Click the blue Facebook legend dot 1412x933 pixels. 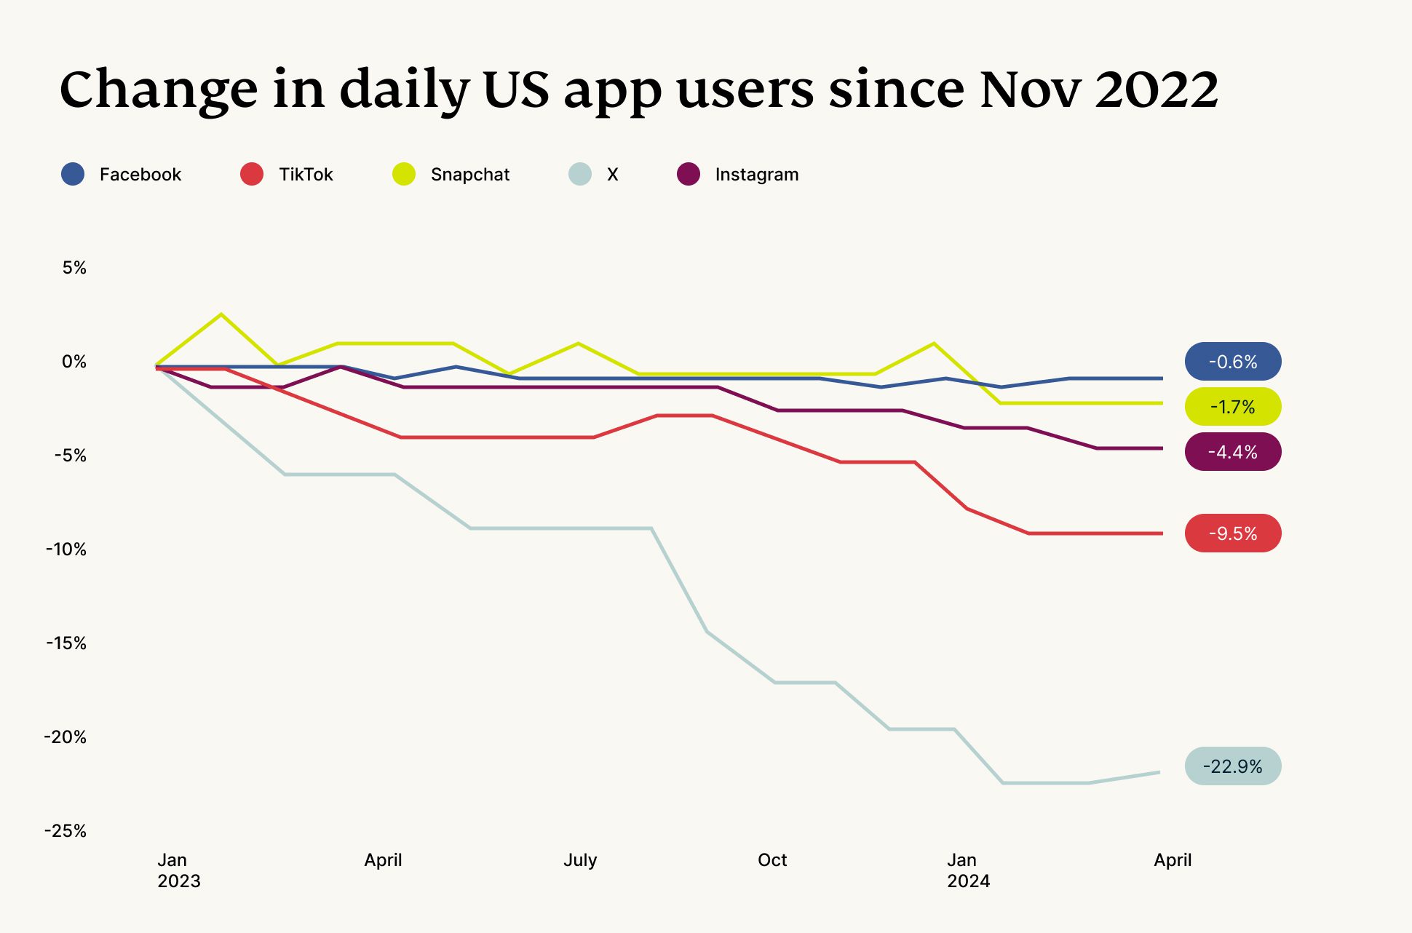pos(73,174)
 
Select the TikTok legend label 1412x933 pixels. pos(306,175)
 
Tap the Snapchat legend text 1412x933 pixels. pos(470,175)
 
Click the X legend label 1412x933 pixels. pos(612,175)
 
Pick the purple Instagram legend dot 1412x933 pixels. pos(689,174)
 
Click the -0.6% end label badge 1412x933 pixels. pos(1232,362)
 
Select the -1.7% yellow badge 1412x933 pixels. pos(1232,407)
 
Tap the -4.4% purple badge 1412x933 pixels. pos(1232,452)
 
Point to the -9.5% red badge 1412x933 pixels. pos(1232,533)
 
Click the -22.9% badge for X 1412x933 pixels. pos(1232,766)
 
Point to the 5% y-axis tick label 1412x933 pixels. pos(74,268)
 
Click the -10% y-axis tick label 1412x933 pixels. pos(66,549)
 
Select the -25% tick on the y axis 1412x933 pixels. pos(66,831)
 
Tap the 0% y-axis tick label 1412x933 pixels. pos(74,362)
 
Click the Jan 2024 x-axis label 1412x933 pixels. pos(967,870)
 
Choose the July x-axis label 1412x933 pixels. pos(580,860)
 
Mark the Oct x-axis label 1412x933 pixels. pos(772,860)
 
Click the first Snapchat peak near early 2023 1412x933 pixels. pos(221,314)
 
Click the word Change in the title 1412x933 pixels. pos(159,90)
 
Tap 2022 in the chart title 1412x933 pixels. pos(1157,90)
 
